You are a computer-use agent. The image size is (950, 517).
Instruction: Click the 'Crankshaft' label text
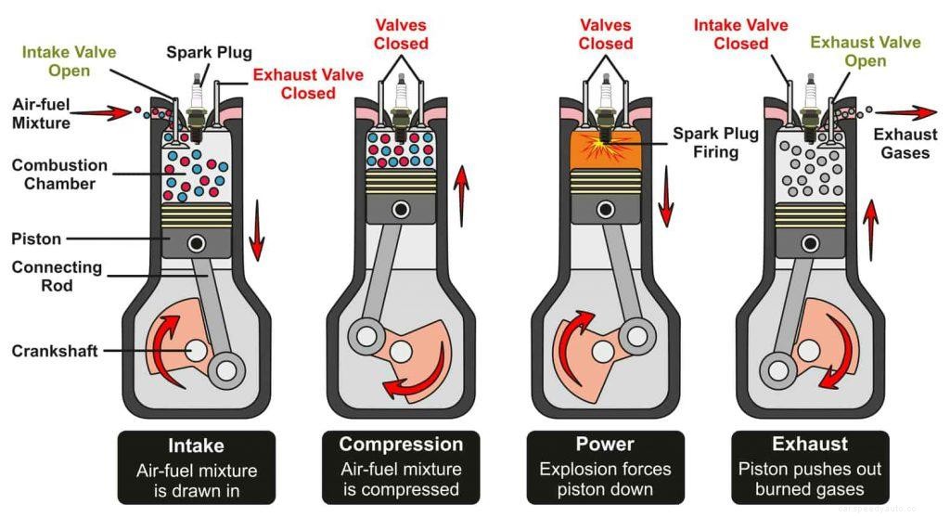coord(56,351)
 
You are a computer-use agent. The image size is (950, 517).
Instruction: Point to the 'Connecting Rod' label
coord(57,277)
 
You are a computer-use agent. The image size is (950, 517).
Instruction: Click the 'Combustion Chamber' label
coord(59,174)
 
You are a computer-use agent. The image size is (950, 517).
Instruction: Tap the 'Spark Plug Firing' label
coord(716,143)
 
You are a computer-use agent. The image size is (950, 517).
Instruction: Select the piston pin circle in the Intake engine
coord(197,243)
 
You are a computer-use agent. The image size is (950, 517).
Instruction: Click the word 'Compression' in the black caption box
coord(401,444)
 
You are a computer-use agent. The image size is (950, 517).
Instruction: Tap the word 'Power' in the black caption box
coord(605,444)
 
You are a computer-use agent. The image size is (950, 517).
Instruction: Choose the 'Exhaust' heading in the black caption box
coord(809,444)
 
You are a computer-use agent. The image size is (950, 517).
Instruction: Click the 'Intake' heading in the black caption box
coord(196,444)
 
